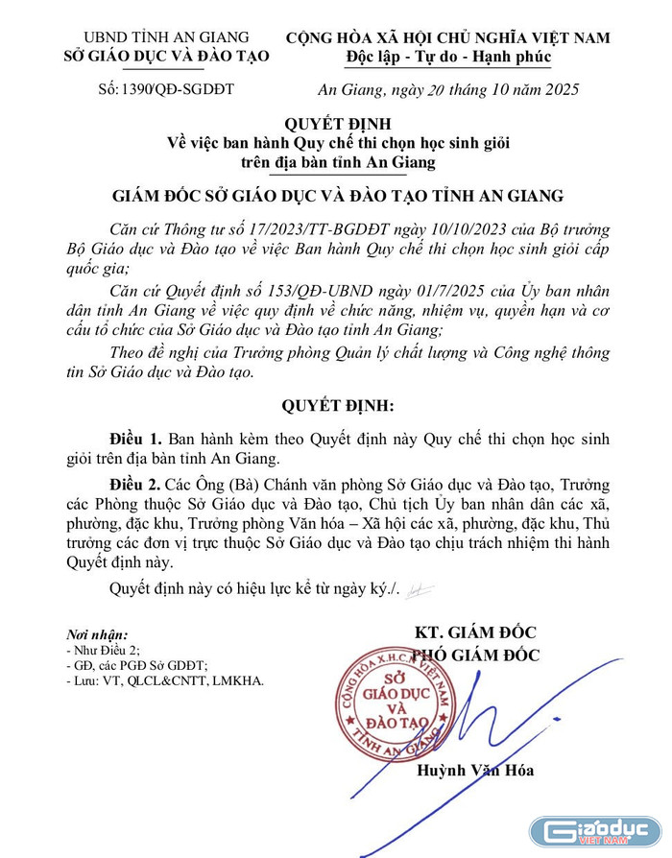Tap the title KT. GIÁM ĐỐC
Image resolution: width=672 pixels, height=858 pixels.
pyautogui.click(x=474, y=633)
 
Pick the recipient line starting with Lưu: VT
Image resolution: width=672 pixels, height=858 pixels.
pyautogui.click(x=164, y=680)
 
